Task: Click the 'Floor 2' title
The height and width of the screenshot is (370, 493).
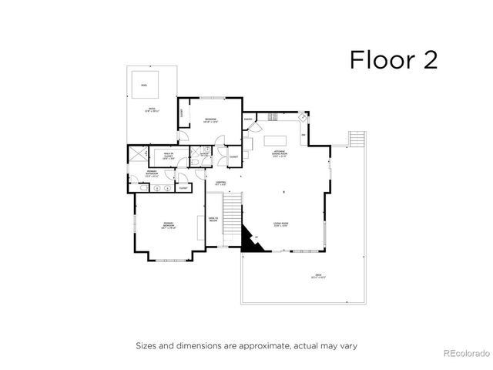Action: click(x=393, y=59)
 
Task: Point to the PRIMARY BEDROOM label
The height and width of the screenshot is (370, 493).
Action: click(x=169, y=227)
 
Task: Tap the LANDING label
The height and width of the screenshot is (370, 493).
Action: click(x=220, y=183)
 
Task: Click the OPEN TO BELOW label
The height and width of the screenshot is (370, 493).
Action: click(x=213, y=219)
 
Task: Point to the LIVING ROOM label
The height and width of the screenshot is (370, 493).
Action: click(x=280, y=225)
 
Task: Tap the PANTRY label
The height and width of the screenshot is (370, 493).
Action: click(x=249, y=119)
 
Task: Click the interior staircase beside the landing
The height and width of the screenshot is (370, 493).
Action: click(x=232, y=220)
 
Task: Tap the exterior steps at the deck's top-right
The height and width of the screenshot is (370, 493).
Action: click(x=355, y=140)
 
